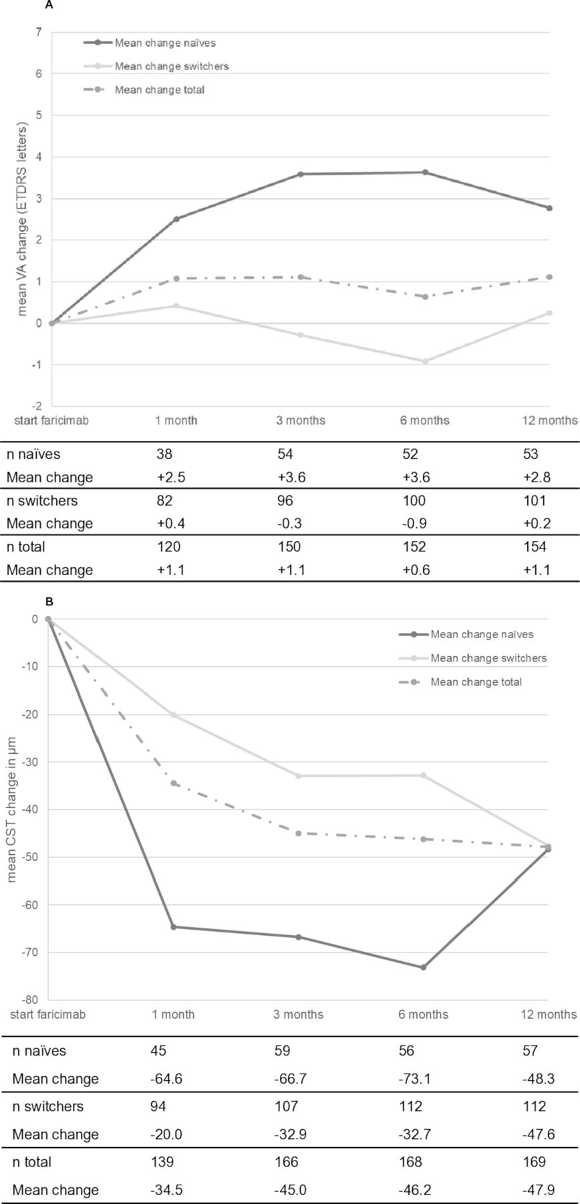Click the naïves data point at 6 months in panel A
click(425, 173)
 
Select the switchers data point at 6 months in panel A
click(425, 361)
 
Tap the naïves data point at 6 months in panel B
click(423, 967)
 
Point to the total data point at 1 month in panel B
click(174, 783)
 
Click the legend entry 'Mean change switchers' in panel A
click(172, 66)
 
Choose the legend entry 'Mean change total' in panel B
click(476, 682)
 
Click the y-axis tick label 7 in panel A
click(39, 32)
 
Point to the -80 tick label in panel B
click(31, 1001)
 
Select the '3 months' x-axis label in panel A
click(301, 421)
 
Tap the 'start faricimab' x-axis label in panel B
click(47, 1015)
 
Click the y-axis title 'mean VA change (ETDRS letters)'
click(23, 219)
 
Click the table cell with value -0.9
click(412, 524)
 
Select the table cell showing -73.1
click(413, 1079)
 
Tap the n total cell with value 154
click(535, 547)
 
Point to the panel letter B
click(49, 602)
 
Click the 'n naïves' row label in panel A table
click(33, 455)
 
